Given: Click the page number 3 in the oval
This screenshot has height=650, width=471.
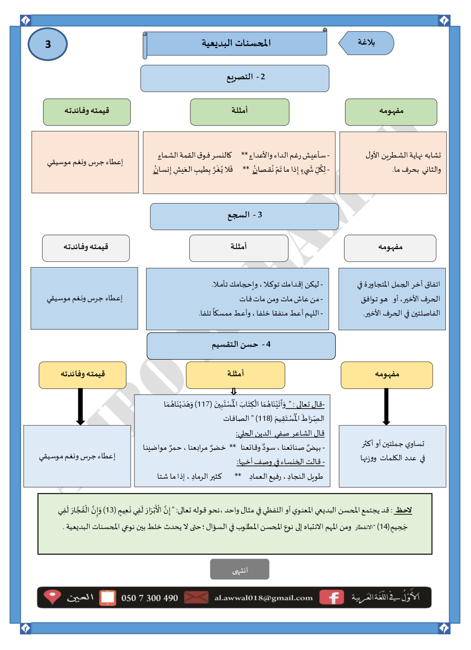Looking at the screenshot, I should pos(47,45).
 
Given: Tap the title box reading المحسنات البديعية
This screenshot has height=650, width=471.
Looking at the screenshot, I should pos(236,44).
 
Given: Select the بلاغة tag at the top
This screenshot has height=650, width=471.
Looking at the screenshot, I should pos(366,43).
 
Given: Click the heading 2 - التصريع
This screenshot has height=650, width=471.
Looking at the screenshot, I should pos(235,78).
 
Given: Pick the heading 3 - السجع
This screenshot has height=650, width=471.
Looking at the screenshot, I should pos(245,216).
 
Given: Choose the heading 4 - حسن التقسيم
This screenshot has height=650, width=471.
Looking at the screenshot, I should pos(241,345).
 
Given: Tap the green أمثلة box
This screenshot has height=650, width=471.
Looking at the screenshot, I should pos(239,111).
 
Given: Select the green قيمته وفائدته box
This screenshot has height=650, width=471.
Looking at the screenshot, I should pos(87,111).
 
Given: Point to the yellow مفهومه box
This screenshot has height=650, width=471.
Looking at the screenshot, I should pos(386,375).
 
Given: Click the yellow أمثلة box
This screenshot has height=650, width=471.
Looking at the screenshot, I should pos(235,375).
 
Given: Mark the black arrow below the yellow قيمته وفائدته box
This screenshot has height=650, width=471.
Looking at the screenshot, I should pos(80,406).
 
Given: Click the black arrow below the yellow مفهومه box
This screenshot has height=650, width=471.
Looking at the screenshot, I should pos(386,406).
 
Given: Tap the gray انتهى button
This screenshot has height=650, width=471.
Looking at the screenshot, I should pos(240,569).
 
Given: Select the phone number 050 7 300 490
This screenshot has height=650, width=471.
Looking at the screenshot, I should pos(150,598).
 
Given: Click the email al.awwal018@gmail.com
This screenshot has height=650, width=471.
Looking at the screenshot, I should pos(264,598).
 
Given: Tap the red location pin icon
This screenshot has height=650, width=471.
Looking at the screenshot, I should pos(52,596).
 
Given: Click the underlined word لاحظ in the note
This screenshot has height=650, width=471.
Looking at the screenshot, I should pos(404,511).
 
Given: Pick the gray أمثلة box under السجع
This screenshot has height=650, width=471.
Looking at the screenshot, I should pos(238,248).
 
